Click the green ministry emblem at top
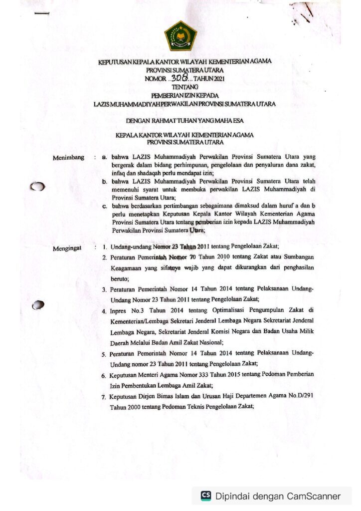point(180,36)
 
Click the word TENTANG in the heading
point(180,87)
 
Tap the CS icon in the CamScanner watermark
point(205,496)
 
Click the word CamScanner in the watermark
point(314,496)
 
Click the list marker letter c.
point(104,206)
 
